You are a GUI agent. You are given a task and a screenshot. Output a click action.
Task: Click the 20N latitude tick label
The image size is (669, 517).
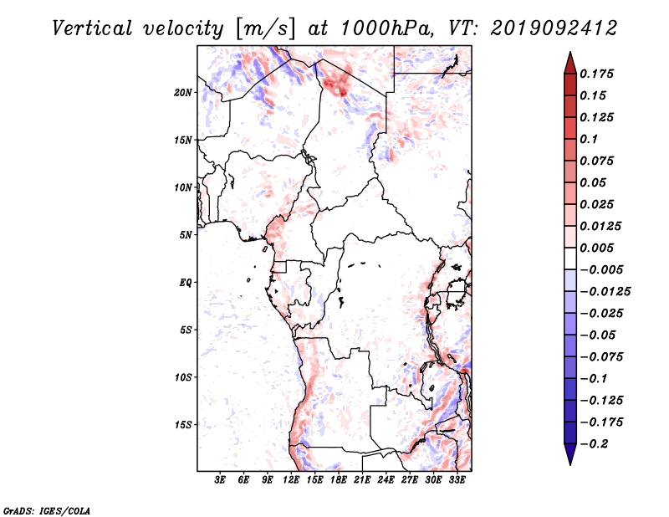click(183, 93)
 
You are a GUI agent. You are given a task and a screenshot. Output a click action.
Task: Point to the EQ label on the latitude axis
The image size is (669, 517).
click(185, 283)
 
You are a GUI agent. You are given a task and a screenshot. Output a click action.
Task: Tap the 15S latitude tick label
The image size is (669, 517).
click(183, 425)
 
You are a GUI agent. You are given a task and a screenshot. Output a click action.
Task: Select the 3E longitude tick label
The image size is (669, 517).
click(220, 480)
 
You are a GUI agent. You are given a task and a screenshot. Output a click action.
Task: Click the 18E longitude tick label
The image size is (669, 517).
click(339, 480)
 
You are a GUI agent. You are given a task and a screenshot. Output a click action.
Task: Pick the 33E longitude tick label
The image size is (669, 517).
click(457, 480)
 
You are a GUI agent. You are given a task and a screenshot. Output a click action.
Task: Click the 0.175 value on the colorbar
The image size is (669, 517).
click(596, 74)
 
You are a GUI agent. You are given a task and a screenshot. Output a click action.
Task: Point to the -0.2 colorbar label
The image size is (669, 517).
click(594, 444)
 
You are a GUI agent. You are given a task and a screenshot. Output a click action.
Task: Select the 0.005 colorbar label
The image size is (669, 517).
click(596, 248)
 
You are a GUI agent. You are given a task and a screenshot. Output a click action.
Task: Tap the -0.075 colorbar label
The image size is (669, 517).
click(601, 357)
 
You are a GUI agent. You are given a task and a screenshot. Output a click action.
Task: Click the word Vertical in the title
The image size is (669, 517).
click(92, 28)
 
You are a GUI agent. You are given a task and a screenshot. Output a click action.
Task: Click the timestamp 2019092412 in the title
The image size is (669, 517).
click(554, 28)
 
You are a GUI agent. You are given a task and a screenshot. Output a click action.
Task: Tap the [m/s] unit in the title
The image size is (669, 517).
click(265, 29)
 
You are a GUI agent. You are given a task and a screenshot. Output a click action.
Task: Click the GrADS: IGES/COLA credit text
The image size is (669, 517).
click(47, 510)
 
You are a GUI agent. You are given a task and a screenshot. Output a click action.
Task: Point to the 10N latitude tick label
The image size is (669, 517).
click(183, 187)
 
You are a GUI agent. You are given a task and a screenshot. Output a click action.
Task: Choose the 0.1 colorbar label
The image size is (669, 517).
click(589, 139)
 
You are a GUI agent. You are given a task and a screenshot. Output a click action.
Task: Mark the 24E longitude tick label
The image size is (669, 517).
click(386, 480)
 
